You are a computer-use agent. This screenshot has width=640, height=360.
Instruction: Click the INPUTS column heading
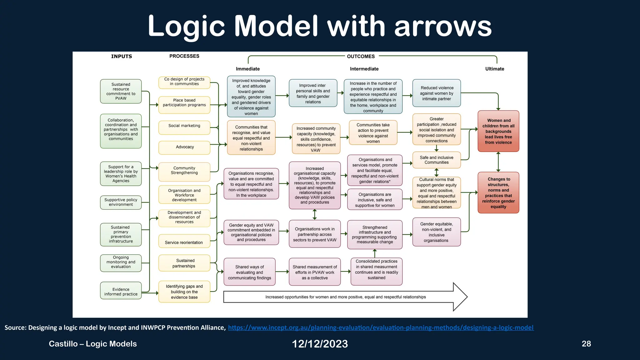coord(122,57)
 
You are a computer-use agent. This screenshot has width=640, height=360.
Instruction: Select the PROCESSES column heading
coord(184,56)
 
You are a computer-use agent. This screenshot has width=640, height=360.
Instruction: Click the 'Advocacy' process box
coord(184,147)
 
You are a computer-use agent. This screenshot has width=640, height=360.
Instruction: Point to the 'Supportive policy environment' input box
coord(121,202)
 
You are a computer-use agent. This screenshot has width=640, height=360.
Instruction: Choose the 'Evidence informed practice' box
coord(121,291)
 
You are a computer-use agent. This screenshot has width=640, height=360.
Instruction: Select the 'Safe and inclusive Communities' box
coord(436,160)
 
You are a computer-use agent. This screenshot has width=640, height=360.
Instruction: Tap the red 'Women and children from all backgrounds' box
coord(498,131)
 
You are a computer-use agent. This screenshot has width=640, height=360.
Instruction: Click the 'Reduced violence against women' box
coord(436,93)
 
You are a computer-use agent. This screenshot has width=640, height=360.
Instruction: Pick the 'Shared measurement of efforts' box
coord(315,272)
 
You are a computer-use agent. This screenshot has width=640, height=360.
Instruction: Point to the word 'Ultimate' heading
coord(494,69)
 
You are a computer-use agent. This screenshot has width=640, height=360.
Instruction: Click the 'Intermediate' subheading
coord(364,69)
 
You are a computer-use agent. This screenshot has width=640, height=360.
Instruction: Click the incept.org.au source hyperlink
coord(381,328)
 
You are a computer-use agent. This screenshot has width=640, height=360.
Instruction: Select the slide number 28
coord(586,344)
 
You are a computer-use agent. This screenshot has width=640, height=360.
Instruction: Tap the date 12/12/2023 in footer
coord(320,344)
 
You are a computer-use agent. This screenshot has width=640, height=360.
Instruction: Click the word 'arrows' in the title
coord(443,27)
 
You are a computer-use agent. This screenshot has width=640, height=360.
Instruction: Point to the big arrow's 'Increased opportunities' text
coord(345,297)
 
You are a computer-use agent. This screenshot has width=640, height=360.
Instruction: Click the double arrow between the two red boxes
coord(498,162)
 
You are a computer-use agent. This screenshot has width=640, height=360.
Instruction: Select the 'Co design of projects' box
coord(184,82)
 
